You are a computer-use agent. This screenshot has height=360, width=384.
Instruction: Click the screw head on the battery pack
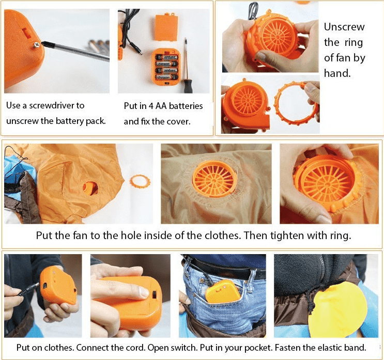click(x=37, y=45)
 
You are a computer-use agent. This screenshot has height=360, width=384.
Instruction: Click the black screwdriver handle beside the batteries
click(x=188, y=86)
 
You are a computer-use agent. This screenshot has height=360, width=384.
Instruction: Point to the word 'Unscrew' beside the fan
click(x=344, y=27)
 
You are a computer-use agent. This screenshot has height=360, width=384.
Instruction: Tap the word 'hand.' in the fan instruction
click(x=337, y=73)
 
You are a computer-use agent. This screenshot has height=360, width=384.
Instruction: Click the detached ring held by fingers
click(x=296, y=103)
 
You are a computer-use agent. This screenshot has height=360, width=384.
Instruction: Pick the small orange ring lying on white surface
click(x=140, y=182)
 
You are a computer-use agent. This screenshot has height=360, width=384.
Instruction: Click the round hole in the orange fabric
click(x=90, y=189)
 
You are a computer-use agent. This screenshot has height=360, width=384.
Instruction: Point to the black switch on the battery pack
click(x=155, y=294)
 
